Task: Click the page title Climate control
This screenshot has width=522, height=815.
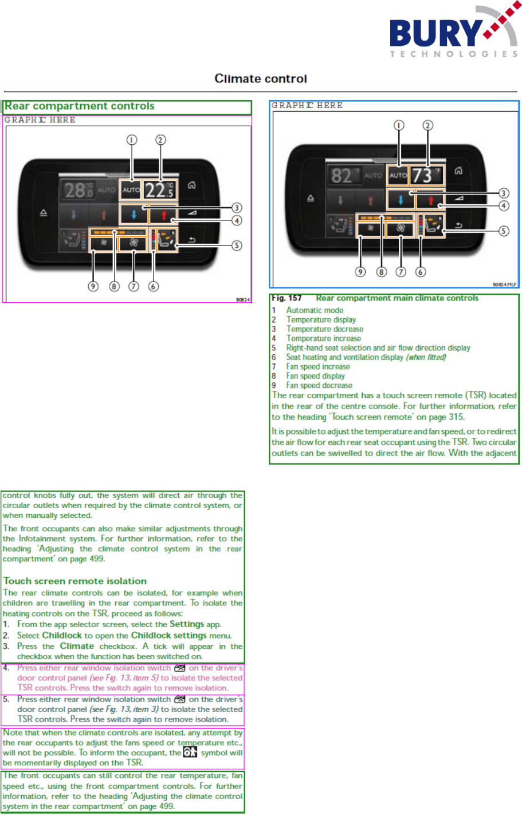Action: (x=261, y=79)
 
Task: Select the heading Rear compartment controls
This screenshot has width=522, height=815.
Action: (x=80, y=106)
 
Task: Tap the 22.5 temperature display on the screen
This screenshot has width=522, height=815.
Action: (x=159, y=189)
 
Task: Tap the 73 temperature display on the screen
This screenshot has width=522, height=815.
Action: (x=426, y=175)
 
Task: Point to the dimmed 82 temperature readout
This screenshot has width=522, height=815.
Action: (x=343, y=176)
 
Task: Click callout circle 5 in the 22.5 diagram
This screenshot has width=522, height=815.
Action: (x=237, y=246)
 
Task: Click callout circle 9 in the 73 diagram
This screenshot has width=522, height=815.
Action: (x=360, y=272)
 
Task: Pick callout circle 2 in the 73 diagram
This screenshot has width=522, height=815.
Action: (x=427, y=125)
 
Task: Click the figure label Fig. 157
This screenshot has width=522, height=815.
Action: (x=286, y=298)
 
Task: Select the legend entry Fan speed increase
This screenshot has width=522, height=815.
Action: (x=318, y=367)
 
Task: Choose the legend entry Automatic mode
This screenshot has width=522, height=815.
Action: (x=315, y=310)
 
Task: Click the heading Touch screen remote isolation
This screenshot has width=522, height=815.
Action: (x=75, y=581)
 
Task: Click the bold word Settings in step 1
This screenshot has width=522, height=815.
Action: (x=187, y=624)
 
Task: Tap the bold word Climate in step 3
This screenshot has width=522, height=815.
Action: (x=77, y=646)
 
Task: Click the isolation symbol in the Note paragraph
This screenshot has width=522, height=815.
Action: (x=190, y=752)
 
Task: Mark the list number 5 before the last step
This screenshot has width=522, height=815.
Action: (x=6, y=699)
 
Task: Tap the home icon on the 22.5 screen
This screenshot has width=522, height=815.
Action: (x=192, y=185)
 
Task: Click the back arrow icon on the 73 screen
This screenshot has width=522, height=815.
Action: (x=459, y=225)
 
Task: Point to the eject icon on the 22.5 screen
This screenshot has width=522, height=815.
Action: (x=44, y=213)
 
